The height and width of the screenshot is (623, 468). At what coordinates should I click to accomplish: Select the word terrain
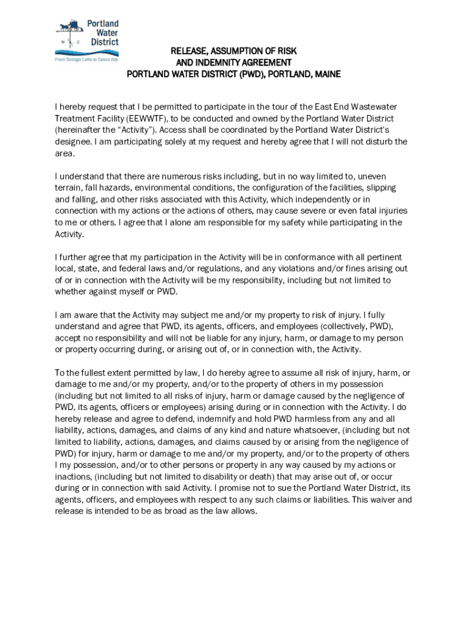[x=69, y=187]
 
